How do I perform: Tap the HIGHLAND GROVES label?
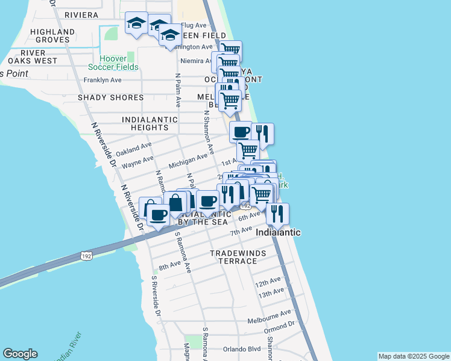pos(52,35)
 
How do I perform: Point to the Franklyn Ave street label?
pos(102,80)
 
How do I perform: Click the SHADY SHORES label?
pos(110,97)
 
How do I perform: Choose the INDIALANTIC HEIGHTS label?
pos(150,123)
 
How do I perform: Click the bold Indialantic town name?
pos(279,232)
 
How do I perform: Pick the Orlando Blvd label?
pos(240,349)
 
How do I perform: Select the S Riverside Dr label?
pos(156,297)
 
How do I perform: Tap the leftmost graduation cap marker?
pos(136,24)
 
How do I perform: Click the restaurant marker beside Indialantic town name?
pos(277,214)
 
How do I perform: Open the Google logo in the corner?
pos(20,354)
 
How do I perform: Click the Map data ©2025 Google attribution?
pos(414,356)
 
